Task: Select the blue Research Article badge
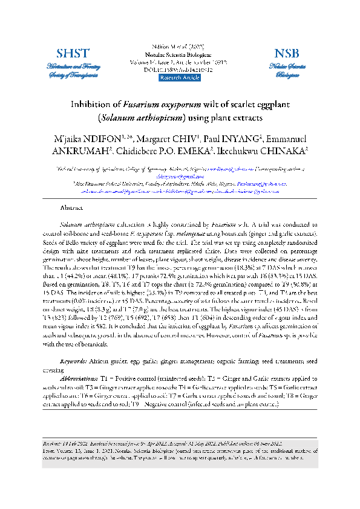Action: point(179,78)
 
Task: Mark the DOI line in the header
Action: point(179,70)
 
